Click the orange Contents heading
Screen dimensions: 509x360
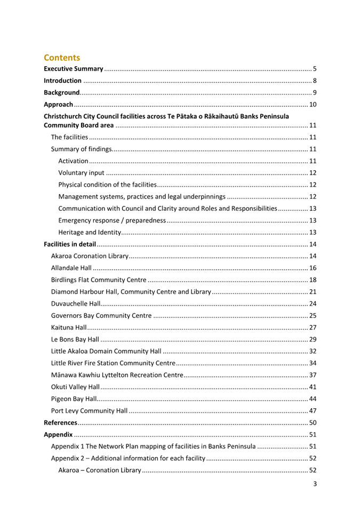(62, 57)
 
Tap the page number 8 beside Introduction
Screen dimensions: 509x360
(315, 81)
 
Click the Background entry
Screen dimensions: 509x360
(61, 92)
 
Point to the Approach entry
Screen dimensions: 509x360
(58, 104)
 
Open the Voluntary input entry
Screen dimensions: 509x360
(81, 172)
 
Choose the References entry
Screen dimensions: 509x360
(60, 423)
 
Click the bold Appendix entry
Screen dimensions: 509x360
(58, 434)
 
